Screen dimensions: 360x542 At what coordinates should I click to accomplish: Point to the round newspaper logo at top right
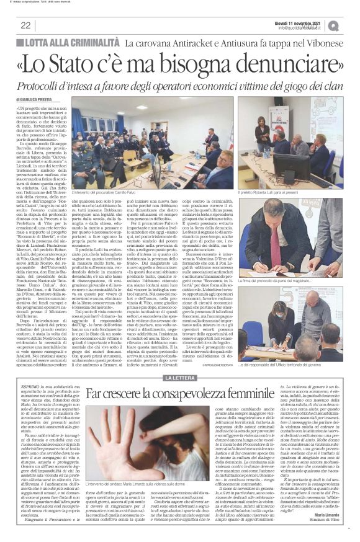351,25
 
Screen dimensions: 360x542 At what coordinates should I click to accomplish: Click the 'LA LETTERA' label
180,360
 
